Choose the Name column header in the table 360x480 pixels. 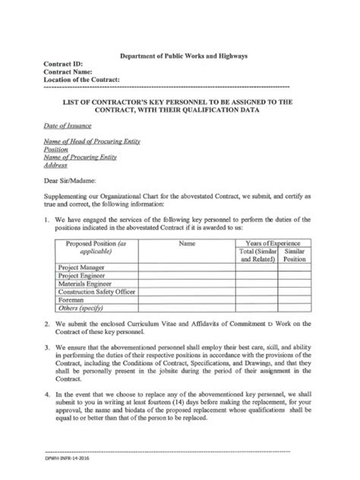point(187,244)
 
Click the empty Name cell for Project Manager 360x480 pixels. point(187,268)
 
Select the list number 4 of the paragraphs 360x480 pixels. point(47,395)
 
